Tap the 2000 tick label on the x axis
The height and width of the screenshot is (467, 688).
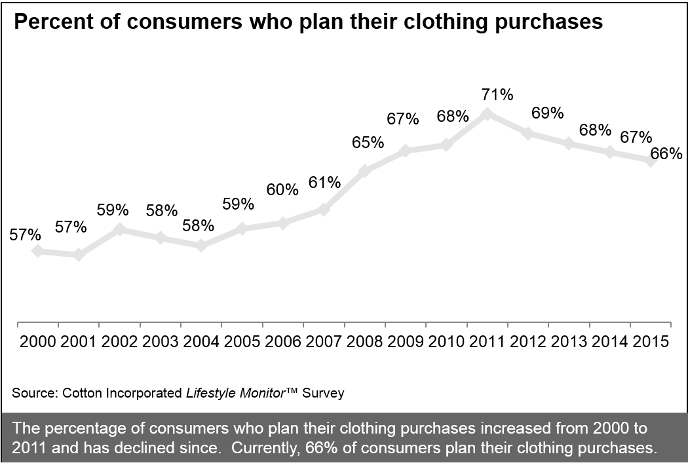tap(37, 342)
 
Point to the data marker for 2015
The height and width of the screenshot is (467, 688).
tap(650, 160)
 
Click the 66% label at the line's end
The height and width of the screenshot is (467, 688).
tap(666, 154)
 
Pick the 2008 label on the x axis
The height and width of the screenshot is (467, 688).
tap(364, 342)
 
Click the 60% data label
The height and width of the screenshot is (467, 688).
tap(282, 190)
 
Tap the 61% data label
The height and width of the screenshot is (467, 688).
tap(323, 181)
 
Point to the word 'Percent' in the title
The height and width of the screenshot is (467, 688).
tap(56, 22)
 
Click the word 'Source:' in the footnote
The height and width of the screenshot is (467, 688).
tap(34, 393)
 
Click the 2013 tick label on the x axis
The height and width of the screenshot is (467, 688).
tap(569, 342)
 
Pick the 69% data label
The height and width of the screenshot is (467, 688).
tap(548, 113)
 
